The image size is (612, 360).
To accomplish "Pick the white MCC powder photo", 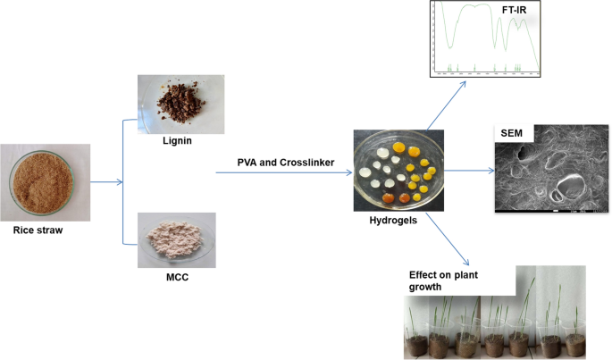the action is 175,239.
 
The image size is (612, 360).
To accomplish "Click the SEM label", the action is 512,132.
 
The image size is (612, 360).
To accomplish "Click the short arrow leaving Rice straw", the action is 107,184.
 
